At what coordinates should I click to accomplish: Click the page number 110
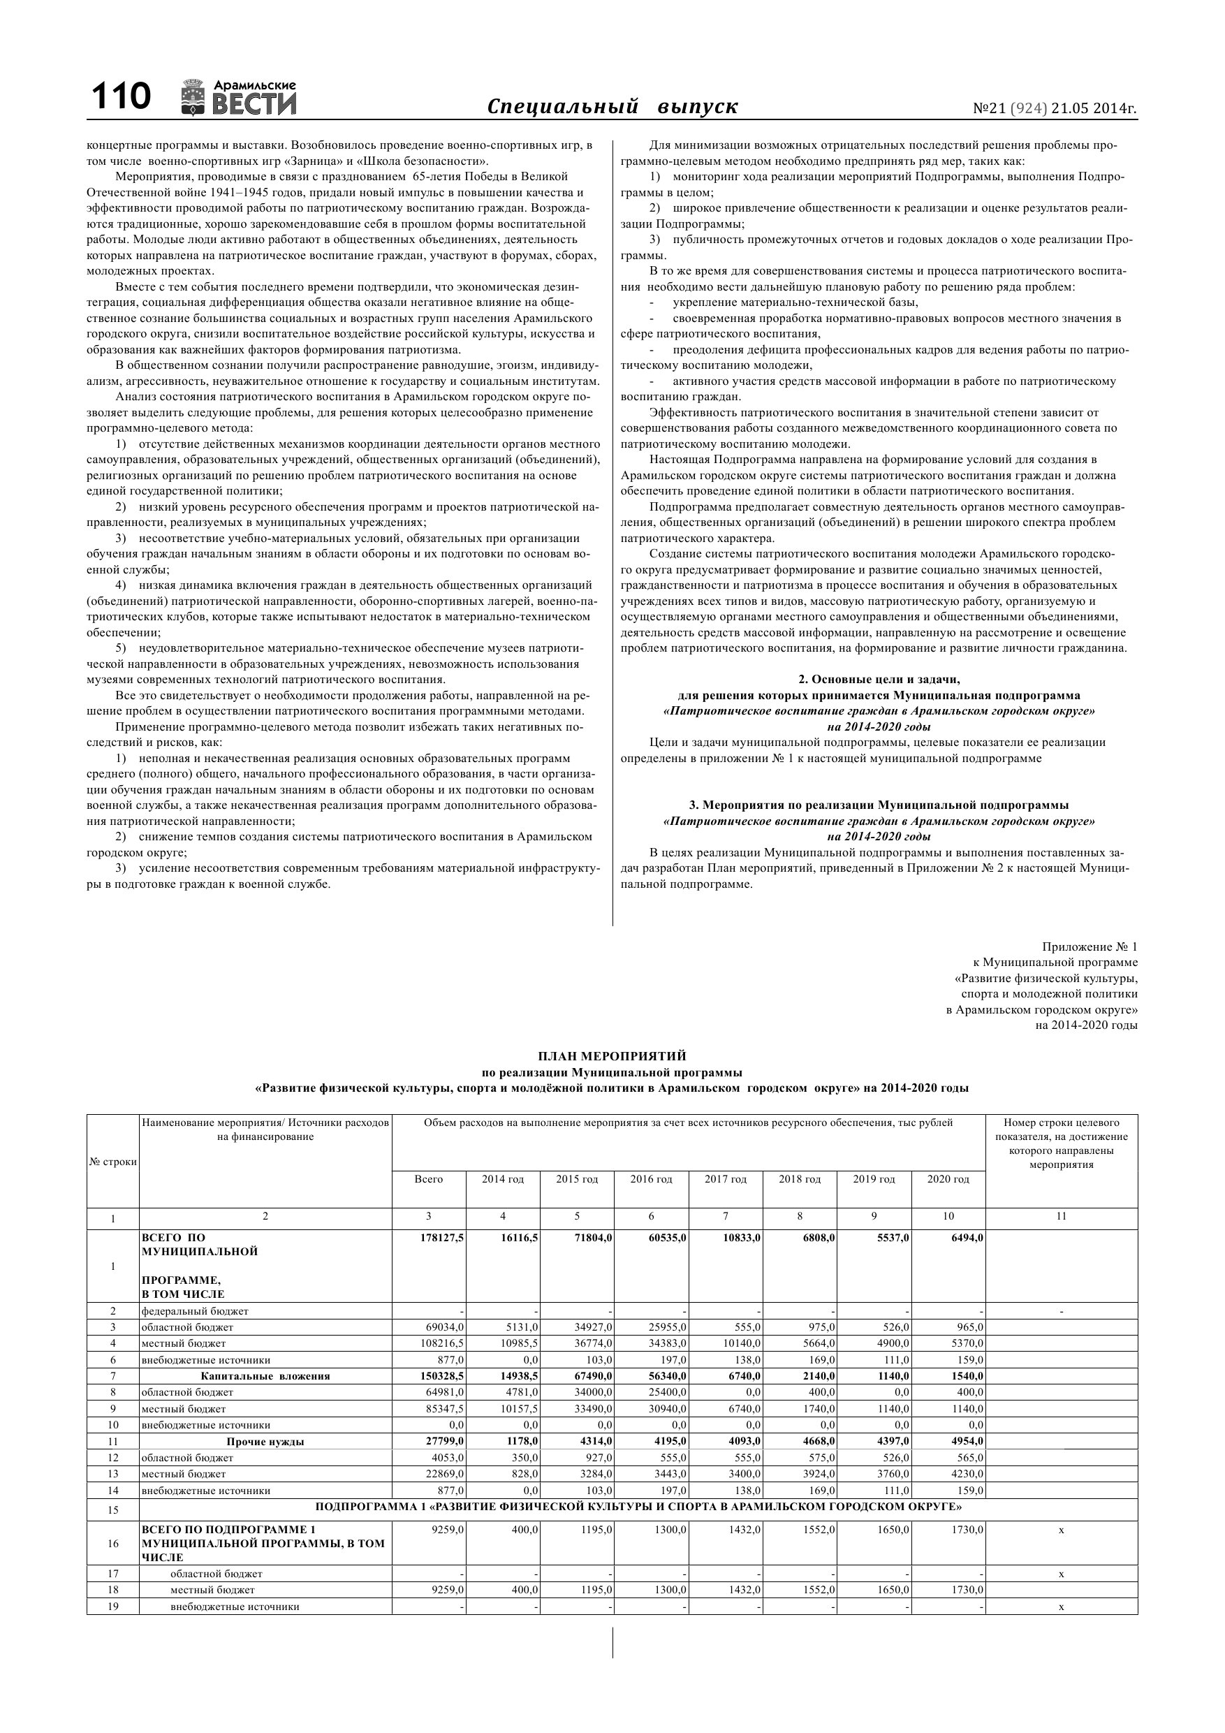pos(121,97)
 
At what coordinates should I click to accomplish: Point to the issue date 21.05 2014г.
pos(1094,109)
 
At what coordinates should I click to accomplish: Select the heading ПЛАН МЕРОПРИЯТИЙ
pos(612,1056)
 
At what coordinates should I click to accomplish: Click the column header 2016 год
pos(652,1179)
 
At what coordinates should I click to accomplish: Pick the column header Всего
pos(429,1179)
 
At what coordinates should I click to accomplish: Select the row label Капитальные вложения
pos(265,1376)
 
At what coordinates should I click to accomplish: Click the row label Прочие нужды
pos(265,1442)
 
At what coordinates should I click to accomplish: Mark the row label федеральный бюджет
pos(195,1311)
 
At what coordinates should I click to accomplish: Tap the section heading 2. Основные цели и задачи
pos(879,680)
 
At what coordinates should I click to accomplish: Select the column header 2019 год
pos(874,1179)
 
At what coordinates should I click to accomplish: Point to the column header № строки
pos(112,1162)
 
